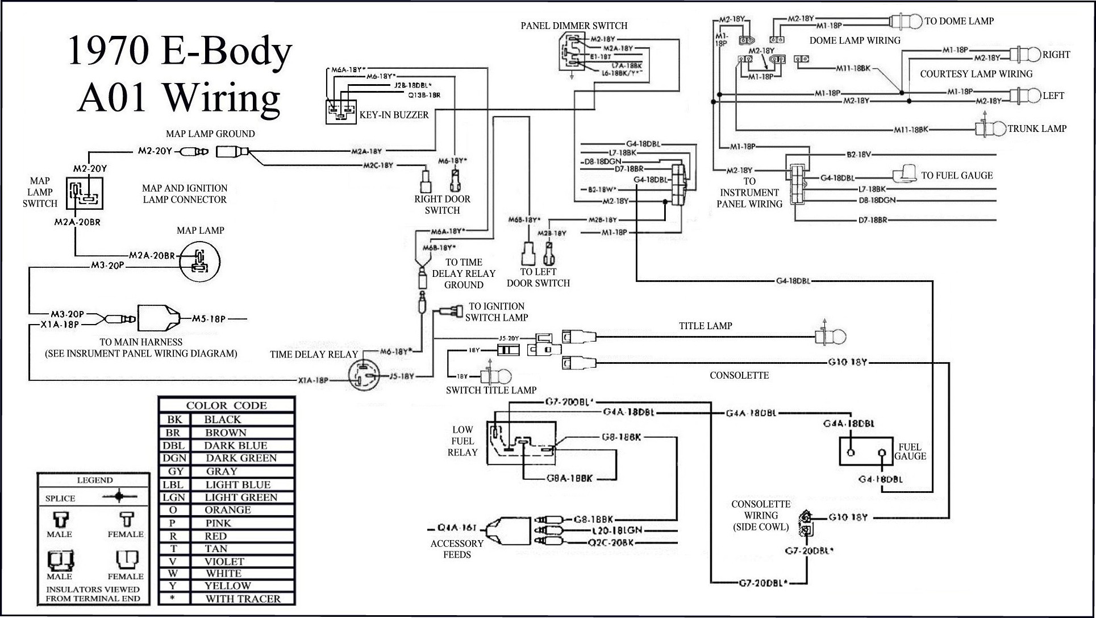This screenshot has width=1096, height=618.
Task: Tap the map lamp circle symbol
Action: point(199,262)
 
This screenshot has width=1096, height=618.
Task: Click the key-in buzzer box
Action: point(341,111)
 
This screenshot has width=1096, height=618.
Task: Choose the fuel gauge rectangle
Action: point(866,452)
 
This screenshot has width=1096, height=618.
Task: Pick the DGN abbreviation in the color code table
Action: point(174,458)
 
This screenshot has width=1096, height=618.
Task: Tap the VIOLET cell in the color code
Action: point(224,561)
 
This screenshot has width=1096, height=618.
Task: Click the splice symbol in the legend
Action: point(118,497)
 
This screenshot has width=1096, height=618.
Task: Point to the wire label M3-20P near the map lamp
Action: point(107,265)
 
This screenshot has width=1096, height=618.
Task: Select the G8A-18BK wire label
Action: point(569,479)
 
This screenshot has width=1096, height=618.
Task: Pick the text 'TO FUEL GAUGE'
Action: point(957,176)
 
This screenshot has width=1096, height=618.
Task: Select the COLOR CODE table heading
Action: point(226,405)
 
